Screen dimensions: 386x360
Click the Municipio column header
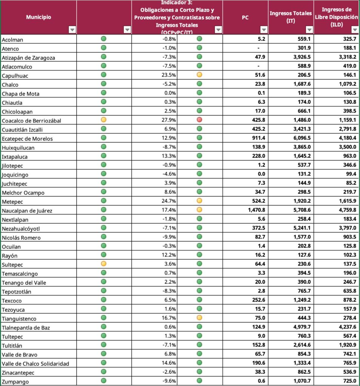click(38, 17)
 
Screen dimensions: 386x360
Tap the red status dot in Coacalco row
click(199, 120)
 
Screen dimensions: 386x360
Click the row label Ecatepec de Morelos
click(27, 138)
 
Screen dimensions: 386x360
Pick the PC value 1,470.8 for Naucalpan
click(257, 210)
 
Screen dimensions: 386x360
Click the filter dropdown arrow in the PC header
click(264, 30)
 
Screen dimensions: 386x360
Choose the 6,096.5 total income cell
click(301, 138)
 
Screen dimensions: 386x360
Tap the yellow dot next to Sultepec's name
click(104, 264)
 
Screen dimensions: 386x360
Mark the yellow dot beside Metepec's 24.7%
click(199, 201)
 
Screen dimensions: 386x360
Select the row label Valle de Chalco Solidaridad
click(35, 363)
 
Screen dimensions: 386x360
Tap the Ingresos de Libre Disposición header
click(336, 17)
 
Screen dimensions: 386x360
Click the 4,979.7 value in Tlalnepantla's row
click(301, 327)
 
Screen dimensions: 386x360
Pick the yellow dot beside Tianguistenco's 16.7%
click(199, 318)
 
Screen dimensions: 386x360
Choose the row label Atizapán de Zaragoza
click(28, 58)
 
